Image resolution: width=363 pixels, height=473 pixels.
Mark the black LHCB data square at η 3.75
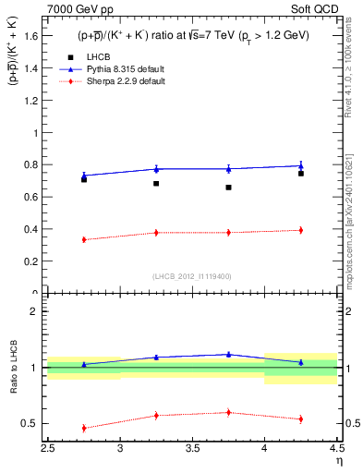click(x=228, y=188)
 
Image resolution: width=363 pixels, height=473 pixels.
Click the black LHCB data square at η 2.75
click(x=84, y=179)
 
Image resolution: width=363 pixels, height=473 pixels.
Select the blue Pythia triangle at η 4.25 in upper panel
click(x=300, y=166)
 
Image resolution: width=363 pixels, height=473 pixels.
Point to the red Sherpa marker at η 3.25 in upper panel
click(x=156, y=233)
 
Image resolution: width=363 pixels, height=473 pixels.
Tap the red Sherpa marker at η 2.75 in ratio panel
click(x=84, y=428)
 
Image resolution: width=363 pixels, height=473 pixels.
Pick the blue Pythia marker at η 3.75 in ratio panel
click(x=228, y=354)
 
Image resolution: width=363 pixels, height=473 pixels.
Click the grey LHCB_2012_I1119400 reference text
click(x=192, y=276)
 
